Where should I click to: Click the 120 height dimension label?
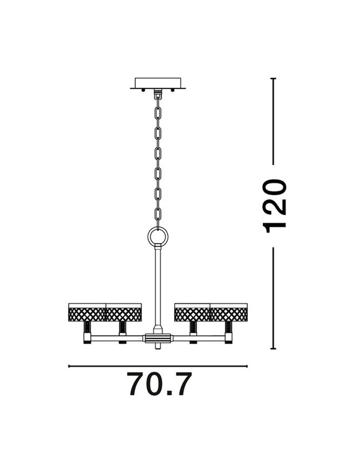click(x=274, y=206)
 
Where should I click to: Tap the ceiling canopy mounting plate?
click(x=157, y=83)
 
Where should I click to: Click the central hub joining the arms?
click(x=157, y=338)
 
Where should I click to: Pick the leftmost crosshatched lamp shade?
click(x=87, y=312)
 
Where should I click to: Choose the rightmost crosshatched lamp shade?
click(x=229, y=312)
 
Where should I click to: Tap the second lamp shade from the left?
click(x=123, y=312)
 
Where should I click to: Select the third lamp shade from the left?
click(x=192, y=312)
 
